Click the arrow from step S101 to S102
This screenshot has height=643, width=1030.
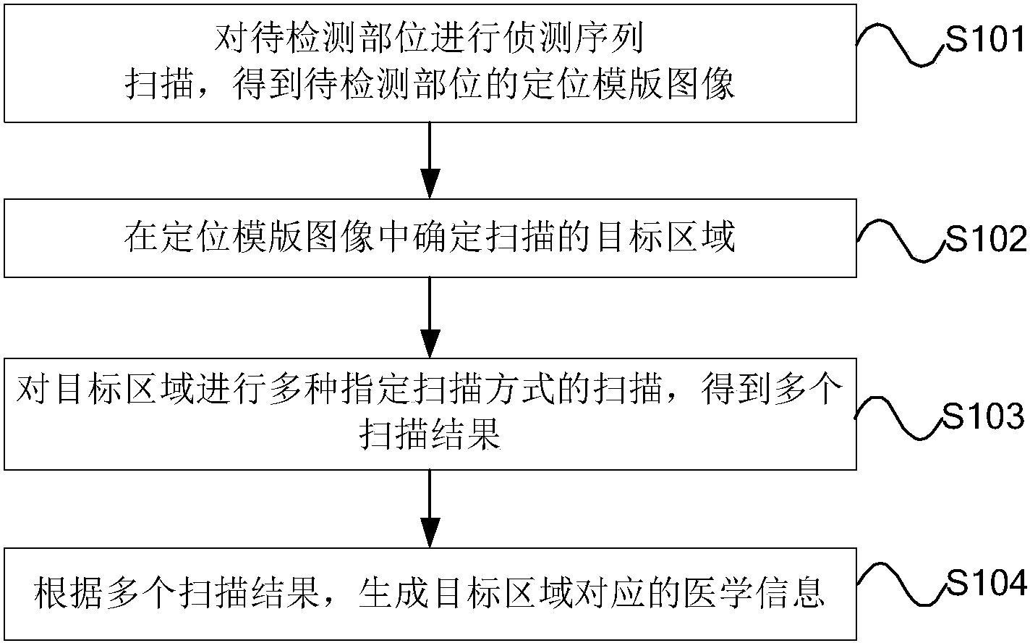coord(430,159)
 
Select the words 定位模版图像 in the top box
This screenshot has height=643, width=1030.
coord(629,85)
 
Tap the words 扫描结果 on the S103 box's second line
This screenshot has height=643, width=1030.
coord(430,435)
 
